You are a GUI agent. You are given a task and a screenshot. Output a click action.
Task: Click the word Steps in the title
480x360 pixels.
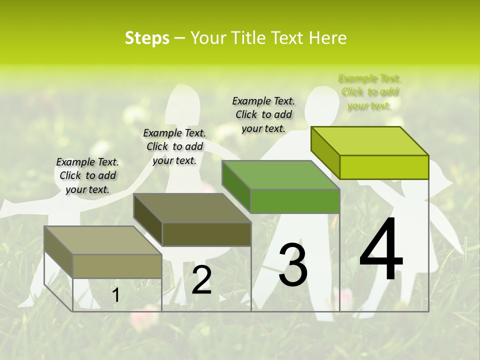pyautogui.click(x=147, y=38)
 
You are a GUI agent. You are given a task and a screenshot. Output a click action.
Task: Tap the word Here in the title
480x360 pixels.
pyautogui.click(x=328, y=38)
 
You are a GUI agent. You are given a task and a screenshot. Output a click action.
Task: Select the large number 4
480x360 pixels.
pyautogui.click(x=381, y=250)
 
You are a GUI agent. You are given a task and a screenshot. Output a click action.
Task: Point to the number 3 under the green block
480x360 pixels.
pyautogui.click(x=293, y=265)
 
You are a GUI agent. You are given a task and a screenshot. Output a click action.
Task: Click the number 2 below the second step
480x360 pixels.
pyautogui.click(x=201, y=280)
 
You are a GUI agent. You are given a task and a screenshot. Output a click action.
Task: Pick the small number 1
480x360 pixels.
pyautogui.click(x=115, y=295)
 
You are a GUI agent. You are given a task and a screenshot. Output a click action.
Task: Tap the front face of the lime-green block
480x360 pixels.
pyautogui.click(x=384, y=167)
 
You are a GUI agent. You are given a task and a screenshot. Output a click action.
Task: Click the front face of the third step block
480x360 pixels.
pyautogui.click(x=295, y=201)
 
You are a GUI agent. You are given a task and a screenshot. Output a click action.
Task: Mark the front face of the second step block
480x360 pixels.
pyautogui.click(x=206, y=234)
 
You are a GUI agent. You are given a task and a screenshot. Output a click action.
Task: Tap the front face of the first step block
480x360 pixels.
pyautogui.click(x=117, y=266)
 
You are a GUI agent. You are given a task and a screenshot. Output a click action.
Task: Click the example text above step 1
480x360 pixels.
pyautogui.click(x=87, y=175)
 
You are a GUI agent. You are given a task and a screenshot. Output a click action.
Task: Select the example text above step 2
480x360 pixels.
pyautogui.click(x=174, y=146)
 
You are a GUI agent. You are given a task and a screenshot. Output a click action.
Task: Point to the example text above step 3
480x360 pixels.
pyautogui.click(x=263, y=114)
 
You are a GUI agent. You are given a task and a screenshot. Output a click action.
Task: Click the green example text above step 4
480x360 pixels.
pyautogui.click(x=369, y=92)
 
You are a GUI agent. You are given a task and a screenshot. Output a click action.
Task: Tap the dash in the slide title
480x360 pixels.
pyautogui.click(x=180, y=38)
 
